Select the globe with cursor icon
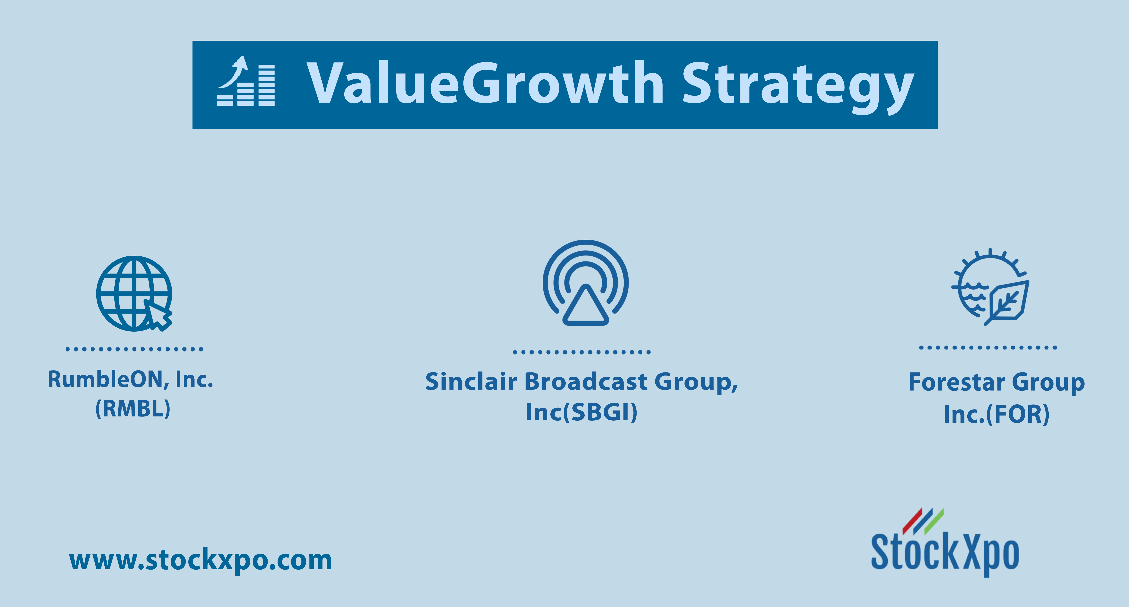(x=134, y=294)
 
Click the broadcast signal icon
(x=586, y=283)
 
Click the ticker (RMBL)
(x=133, y=409)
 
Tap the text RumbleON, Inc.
(x=130, y=380)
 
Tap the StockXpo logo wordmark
(x=945, y=553)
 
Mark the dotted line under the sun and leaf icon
(x=988, y=348)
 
